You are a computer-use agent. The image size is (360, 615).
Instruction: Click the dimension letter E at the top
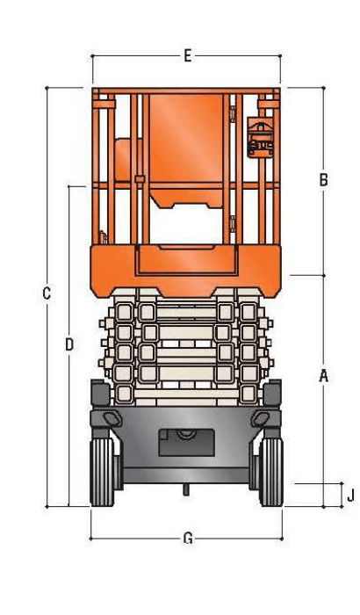(187, 55)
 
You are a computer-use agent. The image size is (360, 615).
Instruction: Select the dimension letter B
(323, 180)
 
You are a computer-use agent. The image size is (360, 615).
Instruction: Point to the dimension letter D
(69, 344)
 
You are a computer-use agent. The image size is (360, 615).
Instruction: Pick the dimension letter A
(323, 376)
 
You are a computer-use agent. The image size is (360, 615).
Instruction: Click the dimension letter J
(349, 496)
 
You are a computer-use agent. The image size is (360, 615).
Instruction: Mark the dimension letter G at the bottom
(187, 538)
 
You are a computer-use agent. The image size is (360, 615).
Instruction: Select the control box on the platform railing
(261, 136)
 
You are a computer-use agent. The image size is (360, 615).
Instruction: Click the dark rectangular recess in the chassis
(186, 441)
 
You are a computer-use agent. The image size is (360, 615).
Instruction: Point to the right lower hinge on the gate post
(231, 220)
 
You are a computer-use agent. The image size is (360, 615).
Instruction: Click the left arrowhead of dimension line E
(94, 55)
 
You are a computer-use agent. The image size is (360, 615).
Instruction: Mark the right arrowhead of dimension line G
(280, 538)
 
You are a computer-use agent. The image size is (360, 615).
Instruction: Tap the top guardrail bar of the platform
(186, 90)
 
